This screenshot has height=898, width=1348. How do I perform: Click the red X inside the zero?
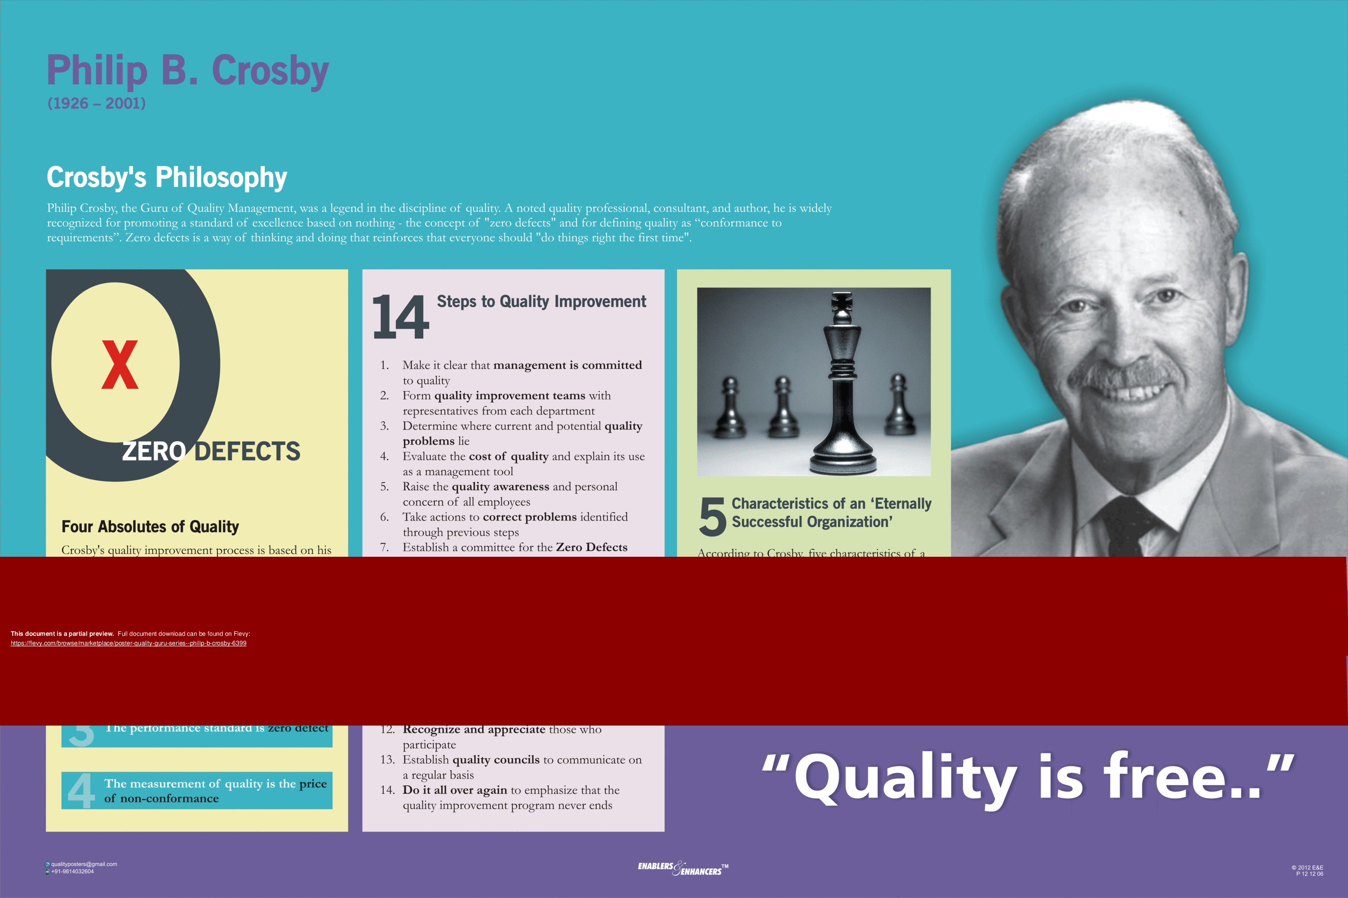[x=120, y=365]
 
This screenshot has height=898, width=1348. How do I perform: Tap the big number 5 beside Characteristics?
[x=712, y=517]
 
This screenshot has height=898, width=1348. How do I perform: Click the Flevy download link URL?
[x=129, y=643]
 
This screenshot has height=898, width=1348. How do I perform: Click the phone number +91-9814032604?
[x=72, y=872]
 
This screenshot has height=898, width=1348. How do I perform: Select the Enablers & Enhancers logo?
[x=683, y=869]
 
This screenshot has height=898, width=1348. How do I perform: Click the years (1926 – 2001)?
[x=96, y=103]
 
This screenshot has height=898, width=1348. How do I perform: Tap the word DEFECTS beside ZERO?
[x=247, y=451]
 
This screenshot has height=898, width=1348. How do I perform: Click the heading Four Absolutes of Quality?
[x=150, y=526]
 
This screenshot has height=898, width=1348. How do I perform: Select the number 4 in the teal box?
[x=81, y=791]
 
